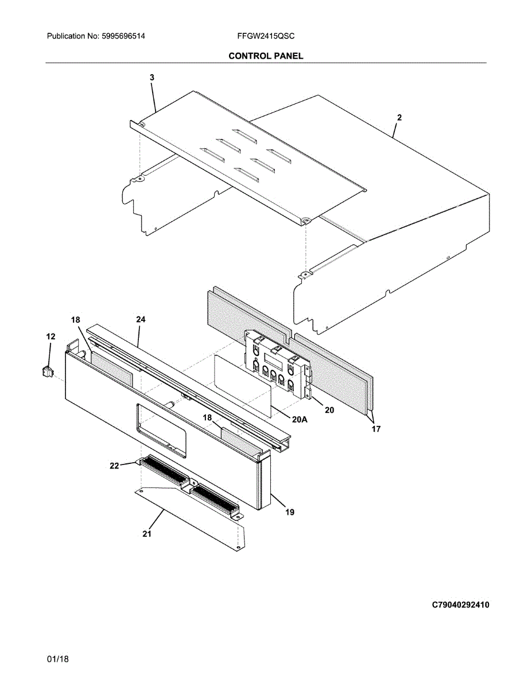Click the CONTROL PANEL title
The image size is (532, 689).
[x=266, y=56]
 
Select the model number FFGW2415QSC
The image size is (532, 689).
[x=266, y=36]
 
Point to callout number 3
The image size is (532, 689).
[x=152, y=77]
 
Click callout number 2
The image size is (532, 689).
[x=399, y=117]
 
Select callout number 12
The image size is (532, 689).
[x=51, y=336]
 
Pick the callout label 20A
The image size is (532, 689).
[x=300, y=420]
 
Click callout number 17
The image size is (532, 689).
[x=376, y=428]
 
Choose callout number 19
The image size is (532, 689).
[x=290, y=512]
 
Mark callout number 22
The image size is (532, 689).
[x=114, y=466]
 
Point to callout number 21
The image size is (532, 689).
[x=147, y=534]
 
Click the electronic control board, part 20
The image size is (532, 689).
[x=275, y=365]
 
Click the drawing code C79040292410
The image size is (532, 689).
[x=461, y=605]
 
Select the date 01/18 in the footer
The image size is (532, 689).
[x=58, y=660]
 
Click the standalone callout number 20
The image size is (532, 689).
[x=329, y=411]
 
